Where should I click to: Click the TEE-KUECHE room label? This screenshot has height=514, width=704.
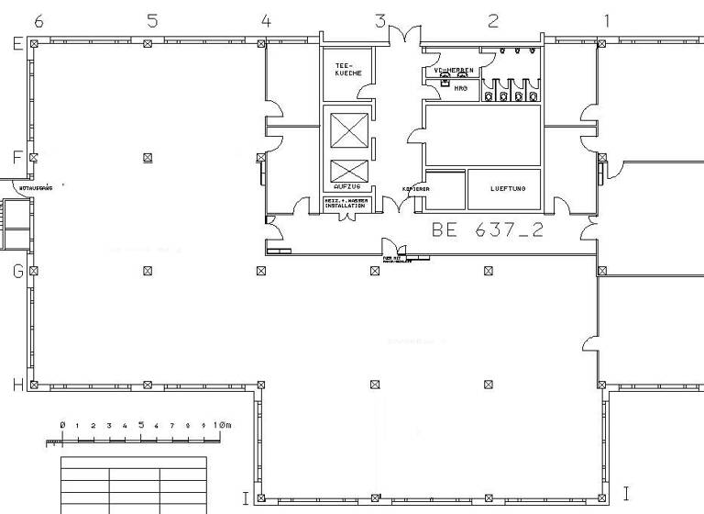coord(347,68)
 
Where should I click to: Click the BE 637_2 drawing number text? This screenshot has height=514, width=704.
coord(487,229)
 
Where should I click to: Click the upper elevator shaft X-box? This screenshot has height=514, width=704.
coord(347,130)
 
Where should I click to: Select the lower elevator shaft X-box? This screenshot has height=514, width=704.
coord(347,171)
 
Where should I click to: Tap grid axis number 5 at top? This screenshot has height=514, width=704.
coord(152,20)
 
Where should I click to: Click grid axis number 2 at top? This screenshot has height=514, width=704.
coord(493,20)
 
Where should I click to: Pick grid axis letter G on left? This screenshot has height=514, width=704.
coord(16,271)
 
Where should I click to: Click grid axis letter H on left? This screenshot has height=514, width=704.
coord(16,385)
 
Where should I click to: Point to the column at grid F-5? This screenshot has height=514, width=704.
coord(148,158)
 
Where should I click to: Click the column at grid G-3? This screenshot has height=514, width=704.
coord(375,271)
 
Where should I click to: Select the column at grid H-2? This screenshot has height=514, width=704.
coord(489,385)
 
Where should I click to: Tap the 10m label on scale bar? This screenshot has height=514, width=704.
coord(223,426)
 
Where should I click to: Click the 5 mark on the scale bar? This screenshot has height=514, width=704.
coord(141,425)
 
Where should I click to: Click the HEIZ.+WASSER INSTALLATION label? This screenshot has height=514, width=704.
coord(346,204)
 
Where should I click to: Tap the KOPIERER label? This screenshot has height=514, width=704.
coord(415,189)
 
